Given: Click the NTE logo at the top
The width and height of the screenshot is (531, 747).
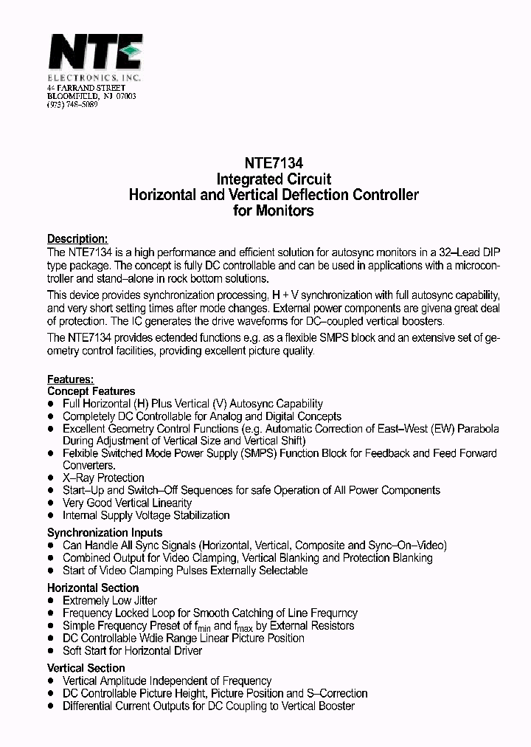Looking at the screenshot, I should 95,52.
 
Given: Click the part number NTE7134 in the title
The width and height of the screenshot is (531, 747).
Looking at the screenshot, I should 274,163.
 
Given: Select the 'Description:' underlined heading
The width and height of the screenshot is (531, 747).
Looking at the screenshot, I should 77,239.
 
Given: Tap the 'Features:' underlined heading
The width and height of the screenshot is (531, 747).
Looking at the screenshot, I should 70,379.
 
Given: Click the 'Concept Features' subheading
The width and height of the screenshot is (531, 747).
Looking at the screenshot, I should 91,391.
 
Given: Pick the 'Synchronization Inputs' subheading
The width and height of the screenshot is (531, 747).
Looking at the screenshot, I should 105,532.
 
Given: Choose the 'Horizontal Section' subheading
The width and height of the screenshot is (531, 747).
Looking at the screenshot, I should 93,588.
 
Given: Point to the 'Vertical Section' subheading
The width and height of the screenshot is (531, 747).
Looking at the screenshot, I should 86,668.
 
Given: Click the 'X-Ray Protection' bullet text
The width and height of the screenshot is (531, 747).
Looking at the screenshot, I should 103,478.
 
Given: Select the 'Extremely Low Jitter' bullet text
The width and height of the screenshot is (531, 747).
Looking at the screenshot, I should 110,601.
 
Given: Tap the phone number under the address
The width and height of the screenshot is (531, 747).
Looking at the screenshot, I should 72,105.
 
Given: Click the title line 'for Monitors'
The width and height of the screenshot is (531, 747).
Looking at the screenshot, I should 274,211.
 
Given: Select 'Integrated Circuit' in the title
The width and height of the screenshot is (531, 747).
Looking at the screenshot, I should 274,179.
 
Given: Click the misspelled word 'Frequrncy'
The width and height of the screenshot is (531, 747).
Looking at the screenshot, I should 333,613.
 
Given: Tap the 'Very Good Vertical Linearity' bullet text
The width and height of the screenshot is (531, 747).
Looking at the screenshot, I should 127,503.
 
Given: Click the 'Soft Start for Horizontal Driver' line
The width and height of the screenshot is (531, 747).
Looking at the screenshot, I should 132,650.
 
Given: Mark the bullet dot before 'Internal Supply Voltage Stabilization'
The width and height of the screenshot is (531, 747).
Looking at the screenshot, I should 51,516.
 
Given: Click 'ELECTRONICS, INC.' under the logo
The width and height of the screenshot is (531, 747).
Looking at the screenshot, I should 94,78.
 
